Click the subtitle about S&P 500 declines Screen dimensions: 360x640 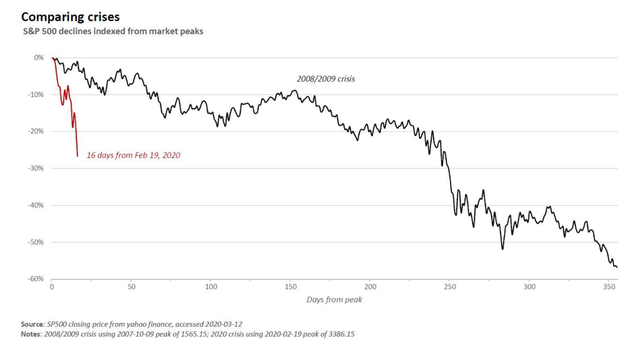coord(105,31)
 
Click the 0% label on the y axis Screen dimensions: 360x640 coord(38,57)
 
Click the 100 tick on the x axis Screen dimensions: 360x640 coord(211,287)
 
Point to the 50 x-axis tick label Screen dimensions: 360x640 coord(131,287)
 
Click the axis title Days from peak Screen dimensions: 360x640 coord(334,300)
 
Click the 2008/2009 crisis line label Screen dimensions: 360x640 coord(326,79)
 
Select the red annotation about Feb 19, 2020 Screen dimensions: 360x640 coord(133,156)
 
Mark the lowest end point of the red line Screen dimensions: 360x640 coord(77,156)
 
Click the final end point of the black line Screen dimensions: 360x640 coord(617,267)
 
